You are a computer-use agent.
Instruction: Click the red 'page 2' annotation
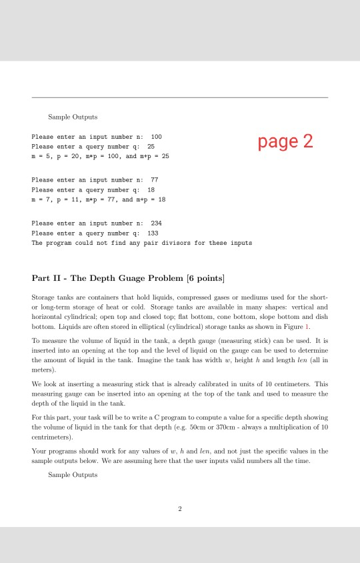coord(285,141)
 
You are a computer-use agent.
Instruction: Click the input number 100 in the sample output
coord(157,136)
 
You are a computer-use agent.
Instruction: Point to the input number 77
coord(155,180)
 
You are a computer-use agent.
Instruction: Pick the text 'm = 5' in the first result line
coord(41,155)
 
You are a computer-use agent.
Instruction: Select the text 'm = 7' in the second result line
coord(41,199)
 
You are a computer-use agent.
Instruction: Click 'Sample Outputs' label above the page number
coord(73,475)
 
